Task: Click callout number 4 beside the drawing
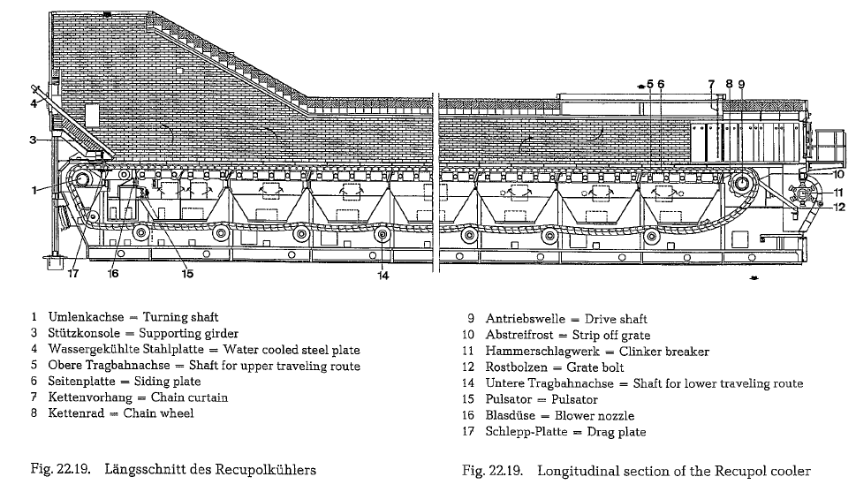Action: pyautogui.click(x=34, y=102)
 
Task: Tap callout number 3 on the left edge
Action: pyautogui.click(x=33, y=140)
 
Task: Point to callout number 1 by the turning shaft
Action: pyautogui.click(x=34, y=191)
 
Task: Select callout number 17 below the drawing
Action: pyautogui.click(x=73, y=273)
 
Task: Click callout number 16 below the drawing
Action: pyautogui.click(x=113, y=273)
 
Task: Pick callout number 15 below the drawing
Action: pyautogui.click(x=187, y=273)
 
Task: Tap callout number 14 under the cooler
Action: pyautogui.click(x=383, y=276)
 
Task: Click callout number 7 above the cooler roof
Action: pyautogui.click(x=711, y=85)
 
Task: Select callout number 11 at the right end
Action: pyautogui.click(x=838, y=193)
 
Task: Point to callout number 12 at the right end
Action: pyautogui.click(x=839, y=207)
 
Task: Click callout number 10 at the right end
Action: pyautogui.click(x=839, y=174)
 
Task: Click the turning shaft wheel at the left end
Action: pyautogui.click(x=83, y=178)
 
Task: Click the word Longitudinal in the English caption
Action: pyautogui.click(x=574, y=471)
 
